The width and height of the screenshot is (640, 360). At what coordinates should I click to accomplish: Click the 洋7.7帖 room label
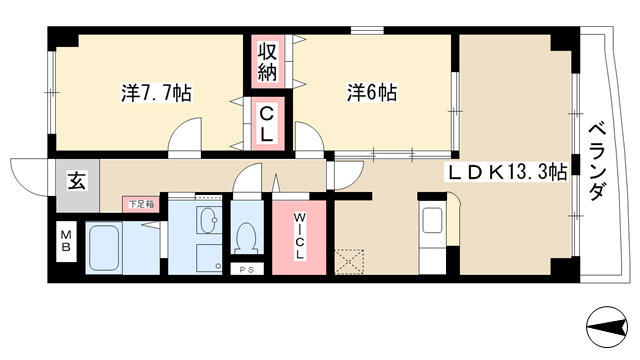156,93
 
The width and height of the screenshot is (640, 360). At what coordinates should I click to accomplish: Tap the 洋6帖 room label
371,93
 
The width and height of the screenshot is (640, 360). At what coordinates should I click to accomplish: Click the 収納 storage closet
267,61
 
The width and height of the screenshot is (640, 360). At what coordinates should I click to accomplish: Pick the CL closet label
267,123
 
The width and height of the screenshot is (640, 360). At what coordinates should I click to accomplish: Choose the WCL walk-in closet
299,237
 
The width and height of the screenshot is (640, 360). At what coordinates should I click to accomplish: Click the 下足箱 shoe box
141,204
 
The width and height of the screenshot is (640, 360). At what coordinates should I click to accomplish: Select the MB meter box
66,241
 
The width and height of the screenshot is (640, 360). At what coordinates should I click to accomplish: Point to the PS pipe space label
247,269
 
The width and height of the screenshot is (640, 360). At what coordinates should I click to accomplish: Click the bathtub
104,247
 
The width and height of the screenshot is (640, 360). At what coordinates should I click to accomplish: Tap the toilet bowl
247,238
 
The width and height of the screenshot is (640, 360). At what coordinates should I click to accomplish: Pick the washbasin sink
209,219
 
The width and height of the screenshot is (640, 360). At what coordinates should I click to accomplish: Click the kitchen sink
432,220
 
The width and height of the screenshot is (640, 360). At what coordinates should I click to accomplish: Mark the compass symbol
607,327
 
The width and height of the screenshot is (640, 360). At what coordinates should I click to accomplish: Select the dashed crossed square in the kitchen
349,262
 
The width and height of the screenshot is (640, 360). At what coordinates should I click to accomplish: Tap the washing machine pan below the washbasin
209,258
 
